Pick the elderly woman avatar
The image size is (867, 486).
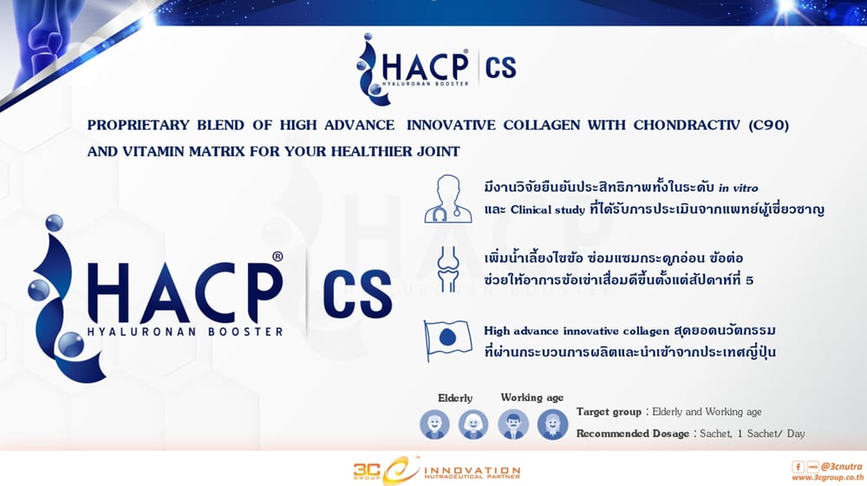(x=473, y=424)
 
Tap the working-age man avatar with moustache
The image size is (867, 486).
(x=512, y=424)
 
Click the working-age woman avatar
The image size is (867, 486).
(x=551, y=424)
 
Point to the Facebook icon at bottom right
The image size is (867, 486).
(x=797, y=466)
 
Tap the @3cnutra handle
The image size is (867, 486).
(x=839, y=466)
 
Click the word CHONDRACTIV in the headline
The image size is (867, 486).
(x=647, y=126)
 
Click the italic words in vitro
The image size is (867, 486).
(x=751, y=187)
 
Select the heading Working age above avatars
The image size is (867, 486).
(x=531, y=398)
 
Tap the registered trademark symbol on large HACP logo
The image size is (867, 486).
(x=277, y=257)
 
